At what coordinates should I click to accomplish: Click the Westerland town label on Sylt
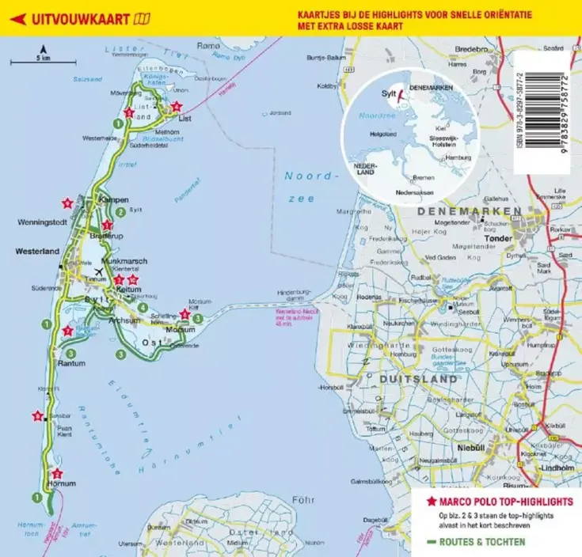pyautogui.click(x=36, y=252)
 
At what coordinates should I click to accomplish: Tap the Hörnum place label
pyautogui.click(x=61, y=483)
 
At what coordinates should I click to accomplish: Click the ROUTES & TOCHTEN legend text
pyautogui.click(x=480, y=542)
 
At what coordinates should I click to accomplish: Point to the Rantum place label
pyautogui.click(x=72, y=363)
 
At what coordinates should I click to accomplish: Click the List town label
pyautogui.click(x=186, y=119)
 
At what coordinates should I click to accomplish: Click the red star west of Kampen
pyautogui.click(x=69, y=203)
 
